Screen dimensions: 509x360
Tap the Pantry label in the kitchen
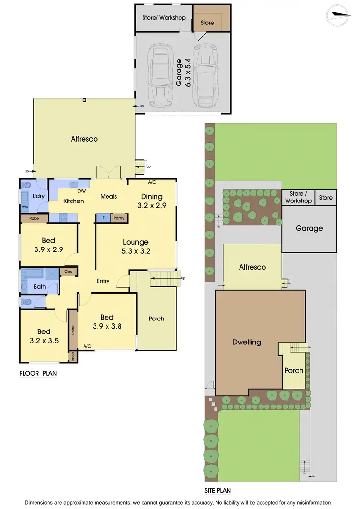(119, 218)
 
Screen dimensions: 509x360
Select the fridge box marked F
(103, 218)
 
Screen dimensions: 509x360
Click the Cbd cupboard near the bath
(68, 272)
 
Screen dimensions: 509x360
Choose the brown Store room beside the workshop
(207, 23)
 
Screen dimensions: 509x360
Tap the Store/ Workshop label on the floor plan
(164, 18)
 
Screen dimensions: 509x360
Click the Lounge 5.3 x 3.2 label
(136, 247)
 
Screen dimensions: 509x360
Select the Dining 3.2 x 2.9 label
(151, 201)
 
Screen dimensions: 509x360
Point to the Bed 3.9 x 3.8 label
(107, 321)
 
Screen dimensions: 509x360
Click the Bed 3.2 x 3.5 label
(44, 336)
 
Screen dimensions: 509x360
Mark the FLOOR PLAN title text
(37, 374)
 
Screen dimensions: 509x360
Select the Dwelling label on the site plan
(247, 342)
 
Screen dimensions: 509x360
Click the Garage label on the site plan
(309, 228)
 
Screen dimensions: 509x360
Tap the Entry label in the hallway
(103, 281)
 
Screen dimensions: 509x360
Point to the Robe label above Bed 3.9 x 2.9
(34, 218)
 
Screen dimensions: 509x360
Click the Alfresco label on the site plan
(252, 267)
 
